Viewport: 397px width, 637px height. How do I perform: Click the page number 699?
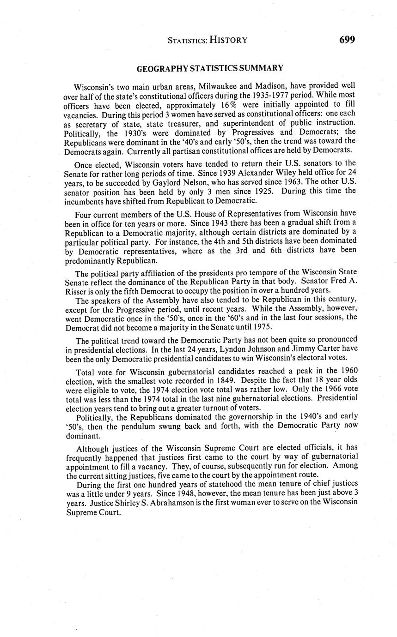[347, 40]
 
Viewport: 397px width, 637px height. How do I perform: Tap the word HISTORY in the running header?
[228, 40]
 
